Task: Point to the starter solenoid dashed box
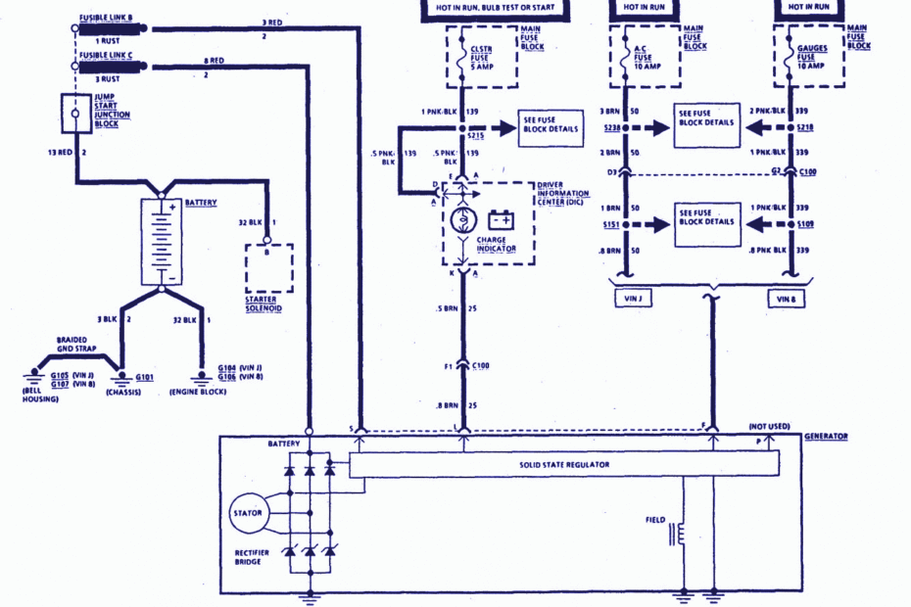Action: pos(268,265)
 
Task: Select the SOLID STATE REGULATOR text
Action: pos(564,464)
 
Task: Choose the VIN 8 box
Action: pos(786,298)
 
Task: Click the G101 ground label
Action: pos(144,375)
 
